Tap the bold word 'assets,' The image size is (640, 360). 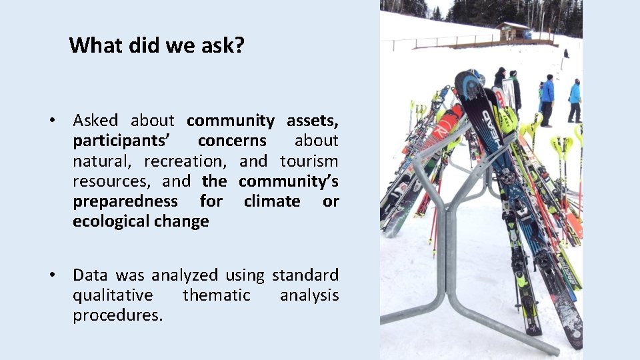tap(313, 121)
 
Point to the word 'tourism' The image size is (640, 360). tap(309, 161)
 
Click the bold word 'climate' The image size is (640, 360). tap(272, 201)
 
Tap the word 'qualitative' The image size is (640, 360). tap(113, 295)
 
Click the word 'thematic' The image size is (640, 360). tap(217, 295)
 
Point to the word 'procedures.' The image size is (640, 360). tap(118, 315)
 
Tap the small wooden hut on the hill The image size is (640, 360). tap(513, 31)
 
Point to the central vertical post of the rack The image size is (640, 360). tap(451, 253)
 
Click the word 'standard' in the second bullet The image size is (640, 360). tap(305, 275)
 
